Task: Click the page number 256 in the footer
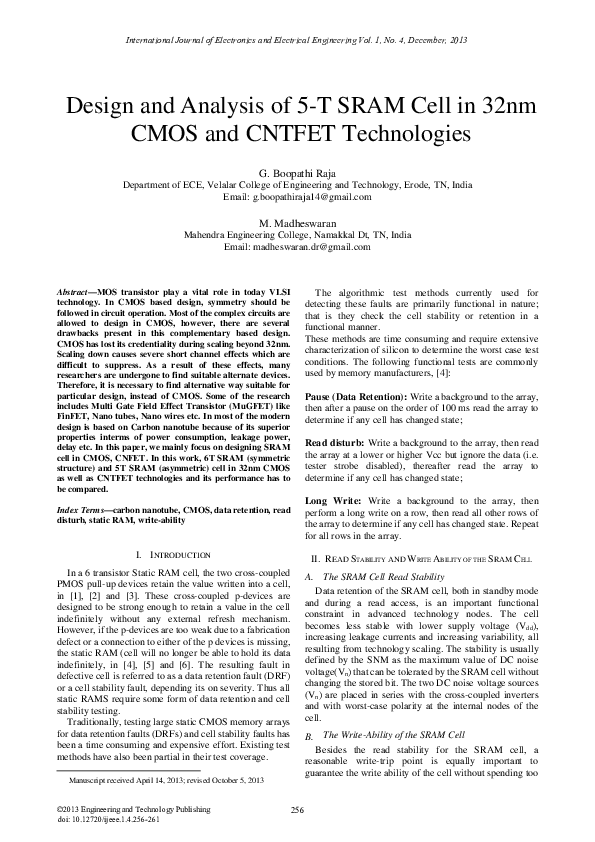297,809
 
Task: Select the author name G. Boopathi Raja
297,173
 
